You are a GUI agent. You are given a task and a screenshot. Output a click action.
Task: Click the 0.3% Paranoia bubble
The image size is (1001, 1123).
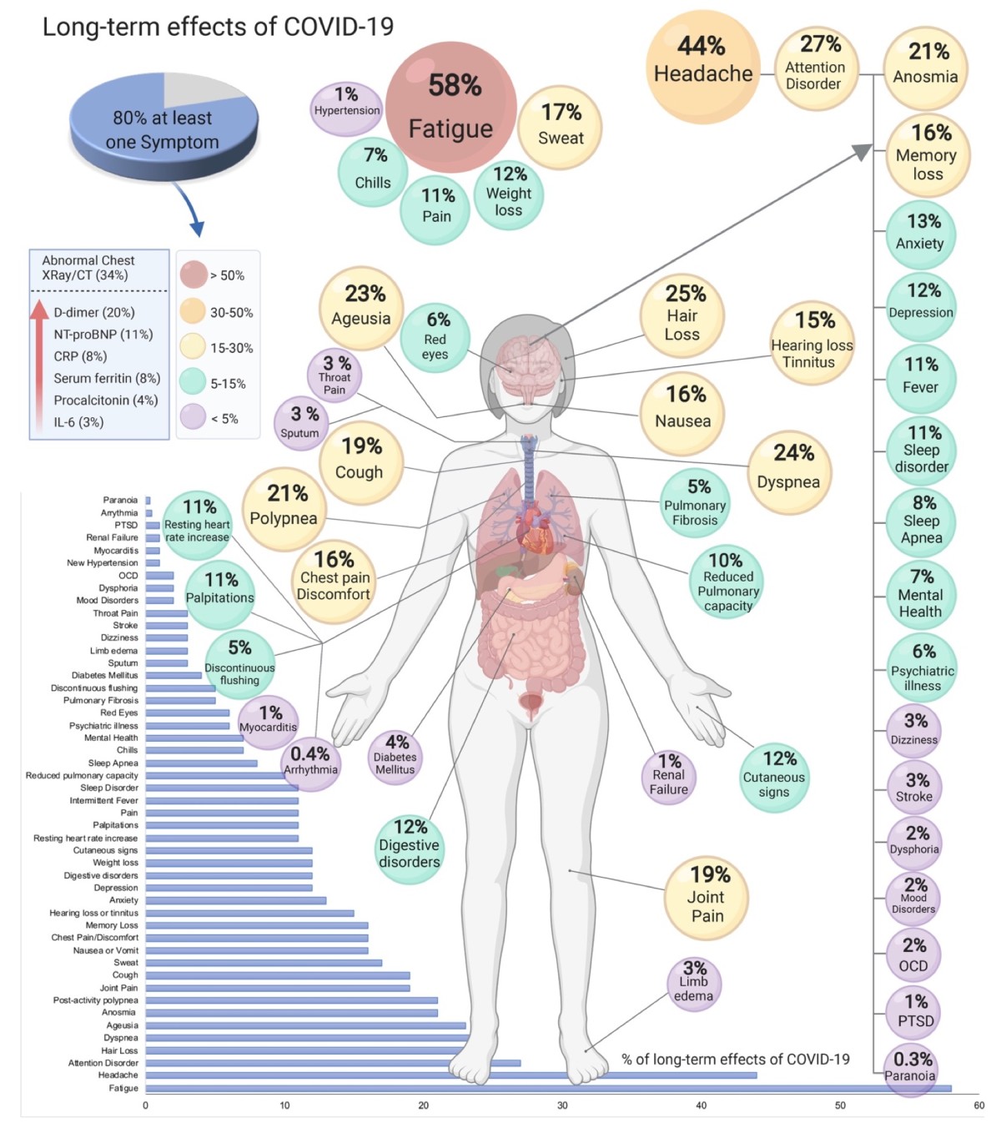click(911, 1067)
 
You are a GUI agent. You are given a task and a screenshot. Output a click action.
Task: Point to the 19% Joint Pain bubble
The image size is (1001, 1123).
click(707, 897)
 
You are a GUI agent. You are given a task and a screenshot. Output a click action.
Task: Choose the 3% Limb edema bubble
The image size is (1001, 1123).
click(693, 984)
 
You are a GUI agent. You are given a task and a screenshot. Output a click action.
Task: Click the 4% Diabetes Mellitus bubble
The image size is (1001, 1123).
click(395, 756)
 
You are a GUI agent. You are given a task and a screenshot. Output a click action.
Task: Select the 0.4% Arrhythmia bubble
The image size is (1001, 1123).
click(310, 760)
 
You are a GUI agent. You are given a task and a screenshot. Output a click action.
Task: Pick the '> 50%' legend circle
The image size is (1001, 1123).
click(194, 274)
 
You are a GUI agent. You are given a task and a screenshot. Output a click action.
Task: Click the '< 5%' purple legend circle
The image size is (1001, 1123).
click(194, 417)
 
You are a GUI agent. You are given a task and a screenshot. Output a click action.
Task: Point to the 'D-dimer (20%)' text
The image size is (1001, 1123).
click(94, 313)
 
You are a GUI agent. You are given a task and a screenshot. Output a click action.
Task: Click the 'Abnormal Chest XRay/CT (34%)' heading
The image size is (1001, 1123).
click(88, 268)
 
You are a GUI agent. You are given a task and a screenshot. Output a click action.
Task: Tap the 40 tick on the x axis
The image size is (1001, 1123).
click(701, 1105)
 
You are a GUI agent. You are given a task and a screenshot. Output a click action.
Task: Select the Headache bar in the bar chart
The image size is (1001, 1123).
click(450, 1075)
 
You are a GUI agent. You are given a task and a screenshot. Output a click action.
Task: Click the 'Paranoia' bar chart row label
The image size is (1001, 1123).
click(120, 501)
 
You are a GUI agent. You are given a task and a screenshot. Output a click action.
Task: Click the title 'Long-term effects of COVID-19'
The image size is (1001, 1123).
click(218, 27)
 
